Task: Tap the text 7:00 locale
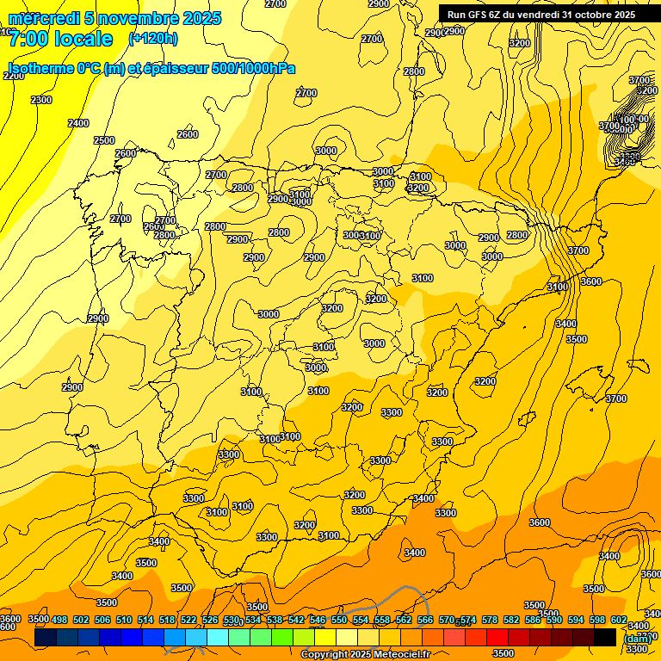coord(60,39)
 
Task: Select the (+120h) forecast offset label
coord(153,38)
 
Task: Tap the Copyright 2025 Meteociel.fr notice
coord(365,654)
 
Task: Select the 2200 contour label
coord(14,76)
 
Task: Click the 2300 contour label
coord(40,100)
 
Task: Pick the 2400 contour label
coord(78,123)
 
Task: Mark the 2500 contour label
coord(103,140)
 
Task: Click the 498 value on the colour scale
coord(59,620)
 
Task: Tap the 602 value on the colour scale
coord(619,620)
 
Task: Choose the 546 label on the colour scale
coord(318,620)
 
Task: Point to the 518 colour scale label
coord(167,620)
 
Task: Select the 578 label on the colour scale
coord(490,620)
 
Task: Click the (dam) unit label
coord(636,638)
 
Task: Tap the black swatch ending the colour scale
coord(605,638)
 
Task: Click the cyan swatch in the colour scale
coord(218,638)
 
